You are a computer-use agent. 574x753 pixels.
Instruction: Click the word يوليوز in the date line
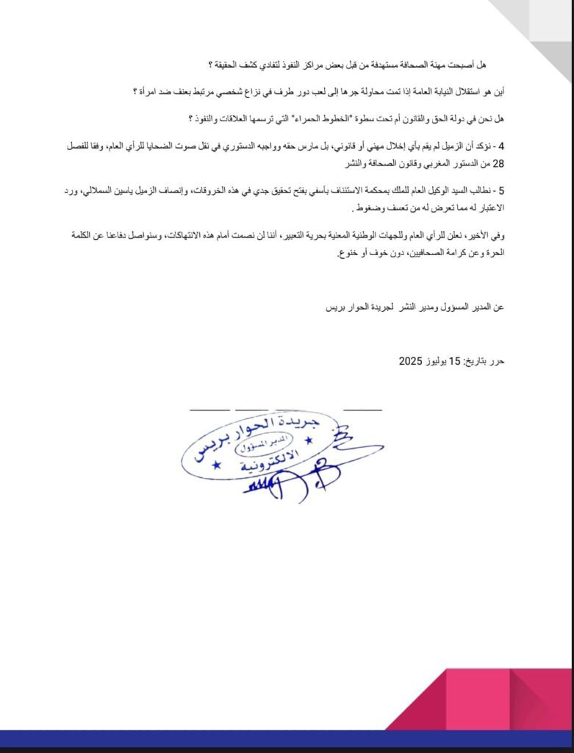pyautogui.click(x=435, y=361)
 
